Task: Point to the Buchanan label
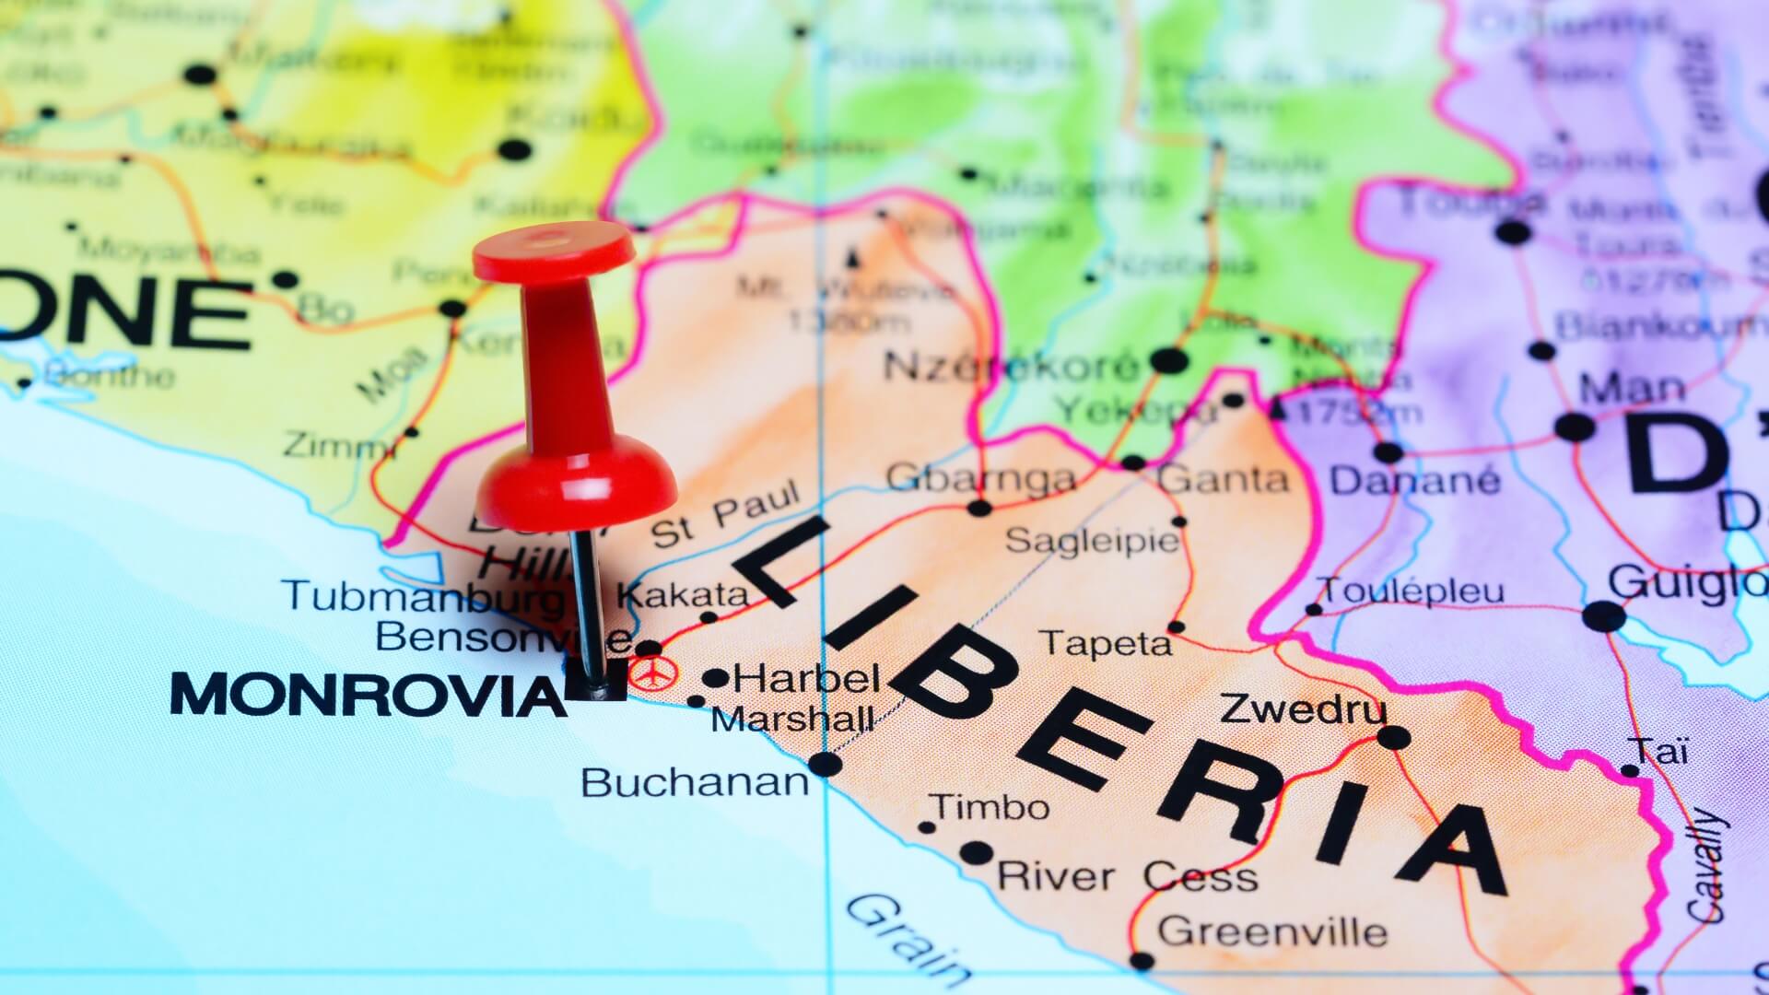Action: pyautogui.click(x=695, y=783)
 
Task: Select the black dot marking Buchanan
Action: pyautogui.click(x=826, y=764)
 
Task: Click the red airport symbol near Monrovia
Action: pyautogui.click(x=652, y=673)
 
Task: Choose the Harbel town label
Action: pyautogui.click(x=808, y=680)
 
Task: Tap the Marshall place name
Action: pyautogui.click(x=792, y=719)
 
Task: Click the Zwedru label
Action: pyautogui.click(x=1303, y=709)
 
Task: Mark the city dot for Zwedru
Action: pyautogui.click(x=1393, y=737)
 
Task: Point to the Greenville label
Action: pyautogui.click(x=1272, y=931)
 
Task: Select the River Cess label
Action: pyautogui.click(x=1128, y=875)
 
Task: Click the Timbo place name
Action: pyautogui.click(x=991, y=807)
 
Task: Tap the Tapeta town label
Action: pyautogui.click(x=1105, y=643)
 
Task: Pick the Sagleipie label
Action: pyautogui.click(x=1091, y=540)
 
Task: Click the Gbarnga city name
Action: pyautogui.click(x=980, y=478)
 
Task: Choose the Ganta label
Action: pyautogui.click(x=1224, y=479)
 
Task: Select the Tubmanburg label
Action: pyautogui.click(x=424, y=595)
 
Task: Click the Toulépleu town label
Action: pyautogui.click(x=1412, y=590)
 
